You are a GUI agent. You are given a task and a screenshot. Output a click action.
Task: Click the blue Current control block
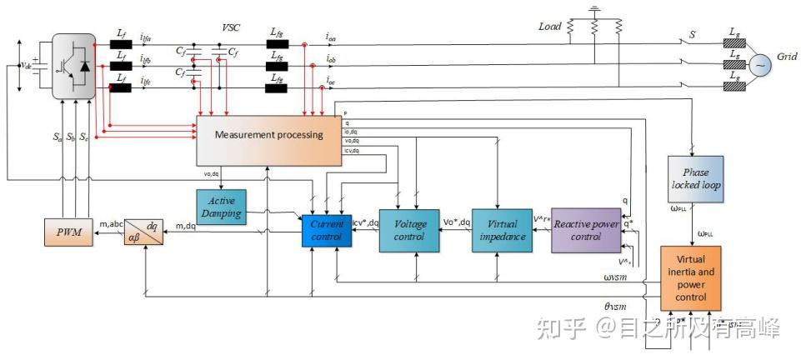coord(327,230)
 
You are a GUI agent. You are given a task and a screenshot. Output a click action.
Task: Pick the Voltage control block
coord(408,230)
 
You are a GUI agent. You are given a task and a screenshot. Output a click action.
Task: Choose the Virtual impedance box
coord(501,230)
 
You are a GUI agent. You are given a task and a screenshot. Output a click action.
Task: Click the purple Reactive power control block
coord(586,230)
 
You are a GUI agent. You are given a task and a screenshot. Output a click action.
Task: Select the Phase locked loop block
coord(696,178)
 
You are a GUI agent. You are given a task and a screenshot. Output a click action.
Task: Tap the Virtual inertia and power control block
coord(689,278)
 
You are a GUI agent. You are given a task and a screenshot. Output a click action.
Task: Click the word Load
coord(551,26)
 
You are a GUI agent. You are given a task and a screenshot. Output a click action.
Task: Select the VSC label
coord(231,27)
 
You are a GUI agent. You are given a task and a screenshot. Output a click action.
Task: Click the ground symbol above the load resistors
coord(593,11)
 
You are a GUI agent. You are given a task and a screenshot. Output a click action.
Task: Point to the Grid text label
coord(787,59)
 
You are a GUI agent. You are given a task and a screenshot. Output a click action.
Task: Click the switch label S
coord(691,36)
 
